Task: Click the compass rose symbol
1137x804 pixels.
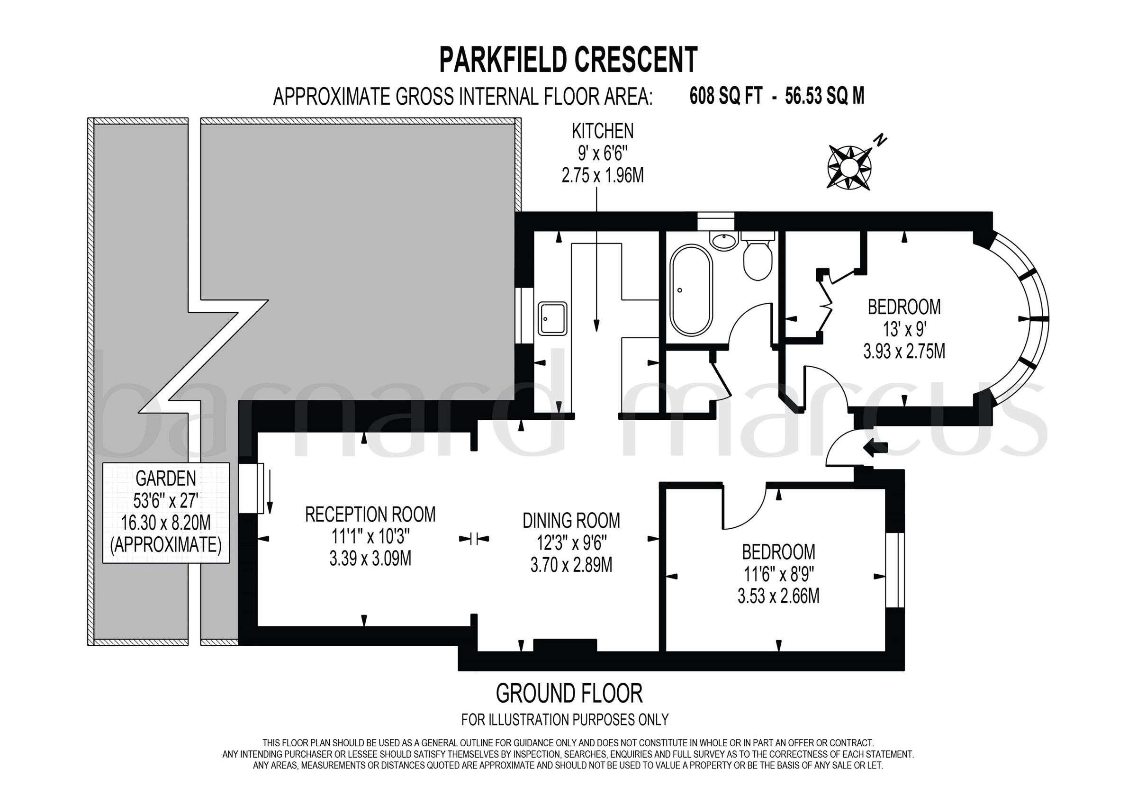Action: tap(849, 167)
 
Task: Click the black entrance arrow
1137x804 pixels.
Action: tap(875, 448)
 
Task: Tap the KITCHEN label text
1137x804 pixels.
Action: tap(602, 131)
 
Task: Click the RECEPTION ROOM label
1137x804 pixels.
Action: tap(370, 514)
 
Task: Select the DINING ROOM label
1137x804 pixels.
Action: tap(571, 520)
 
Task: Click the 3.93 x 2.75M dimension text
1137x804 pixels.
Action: tap(904, 351)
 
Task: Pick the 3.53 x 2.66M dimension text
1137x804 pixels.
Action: tap(778, 596)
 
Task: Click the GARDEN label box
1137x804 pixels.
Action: tap(166, 512)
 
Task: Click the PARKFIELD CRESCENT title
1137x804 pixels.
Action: tap(568, 60)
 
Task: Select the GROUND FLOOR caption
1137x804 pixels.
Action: tap(569, 694)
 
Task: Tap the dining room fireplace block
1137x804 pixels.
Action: tap(565, 645)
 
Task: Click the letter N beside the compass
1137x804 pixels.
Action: tap(880, 141)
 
